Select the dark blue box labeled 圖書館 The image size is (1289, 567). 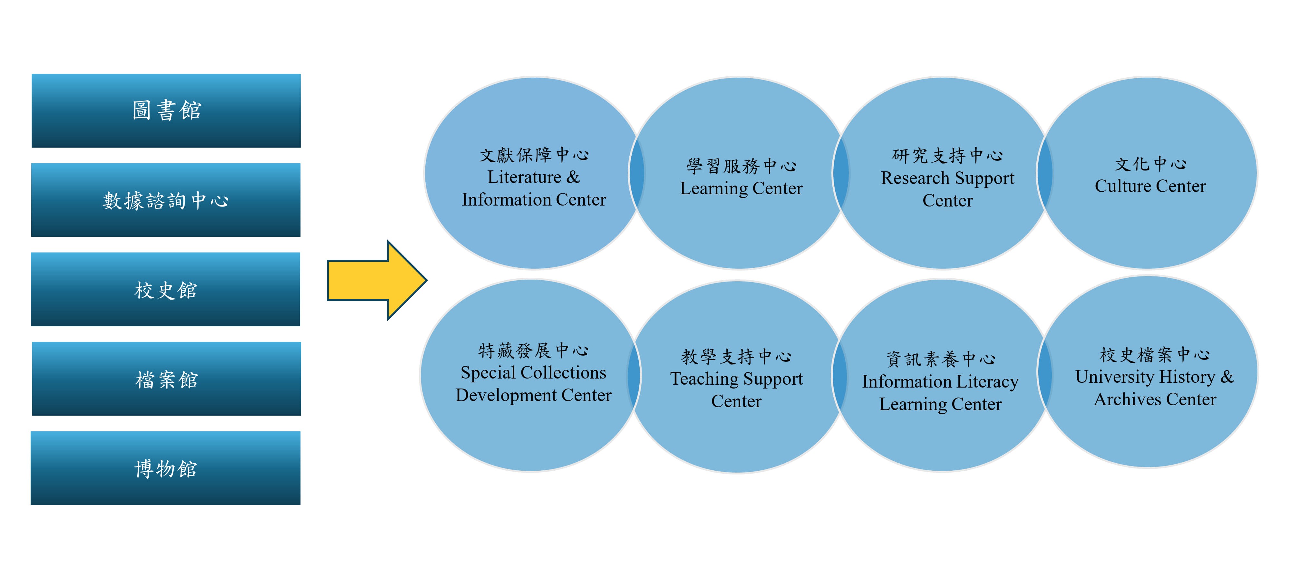click(x=166, y=111)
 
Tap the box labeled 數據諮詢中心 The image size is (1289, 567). click(x=166, y=200)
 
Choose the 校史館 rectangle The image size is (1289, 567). click(x=166, y=290)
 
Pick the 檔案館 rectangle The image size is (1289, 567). click(x=166, y=379)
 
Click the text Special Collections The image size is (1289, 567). click(x=533, y=373)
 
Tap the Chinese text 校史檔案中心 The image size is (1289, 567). click(x=1154, y=355)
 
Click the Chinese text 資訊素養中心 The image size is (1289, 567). click(x=940, y=359)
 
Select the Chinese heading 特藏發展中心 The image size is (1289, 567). click(x=533, y=350)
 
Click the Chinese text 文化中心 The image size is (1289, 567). click(x=1150, y=164)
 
